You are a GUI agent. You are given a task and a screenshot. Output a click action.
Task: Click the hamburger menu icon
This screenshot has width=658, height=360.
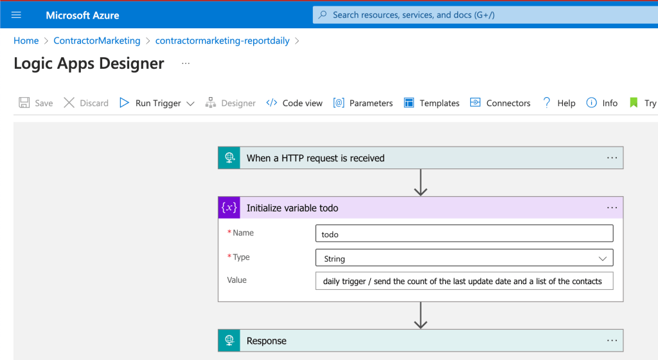(16, 15)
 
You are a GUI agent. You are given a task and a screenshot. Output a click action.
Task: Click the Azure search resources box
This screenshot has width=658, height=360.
(485, 15)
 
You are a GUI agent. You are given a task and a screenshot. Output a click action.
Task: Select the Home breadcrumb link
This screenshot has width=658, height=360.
(26, 40)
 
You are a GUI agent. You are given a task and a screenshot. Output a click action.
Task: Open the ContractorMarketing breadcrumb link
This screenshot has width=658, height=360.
(97, 40)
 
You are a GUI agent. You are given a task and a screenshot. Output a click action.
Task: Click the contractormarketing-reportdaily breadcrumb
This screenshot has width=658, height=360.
(222, 40)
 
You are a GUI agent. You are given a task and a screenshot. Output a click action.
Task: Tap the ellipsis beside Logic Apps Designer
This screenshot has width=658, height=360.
(186, 64)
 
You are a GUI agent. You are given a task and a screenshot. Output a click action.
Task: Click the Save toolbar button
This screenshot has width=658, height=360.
(36, 103)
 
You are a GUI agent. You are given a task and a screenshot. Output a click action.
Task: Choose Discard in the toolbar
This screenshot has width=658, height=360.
(86, 103)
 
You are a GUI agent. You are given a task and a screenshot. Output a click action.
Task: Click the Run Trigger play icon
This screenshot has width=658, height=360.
(124, 103)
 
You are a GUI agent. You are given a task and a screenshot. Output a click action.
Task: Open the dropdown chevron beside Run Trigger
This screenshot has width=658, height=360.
(190, 104)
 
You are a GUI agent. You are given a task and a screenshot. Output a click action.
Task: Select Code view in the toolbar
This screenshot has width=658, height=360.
(294, 103)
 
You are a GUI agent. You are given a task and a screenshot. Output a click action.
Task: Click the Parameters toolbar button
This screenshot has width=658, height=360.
(362, 103)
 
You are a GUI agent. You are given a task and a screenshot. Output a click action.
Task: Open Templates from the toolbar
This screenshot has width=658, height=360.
(431, 103)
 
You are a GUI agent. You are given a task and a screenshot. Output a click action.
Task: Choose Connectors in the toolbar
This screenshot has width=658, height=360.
(500, 103)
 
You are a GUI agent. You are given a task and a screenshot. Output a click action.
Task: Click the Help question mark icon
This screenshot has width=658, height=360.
(546, 103)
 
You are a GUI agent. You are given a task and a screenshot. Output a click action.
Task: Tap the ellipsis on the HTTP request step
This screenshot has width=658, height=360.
(612, 157)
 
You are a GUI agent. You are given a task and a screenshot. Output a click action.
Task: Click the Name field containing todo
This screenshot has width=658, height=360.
(464, 234)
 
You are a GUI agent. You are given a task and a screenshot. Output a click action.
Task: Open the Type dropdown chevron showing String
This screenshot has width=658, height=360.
(603, 258)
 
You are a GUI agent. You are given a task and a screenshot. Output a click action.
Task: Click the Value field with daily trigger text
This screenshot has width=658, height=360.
(464, 281)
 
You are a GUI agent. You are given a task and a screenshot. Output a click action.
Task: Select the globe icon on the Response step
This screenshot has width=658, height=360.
(229, 340)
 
